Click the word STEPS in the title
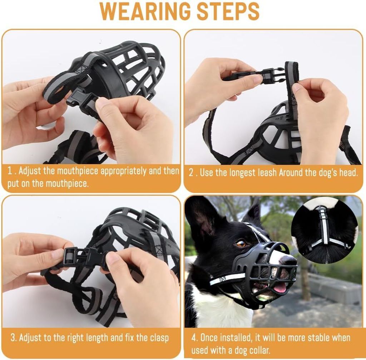228,11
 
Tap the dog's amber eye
241,244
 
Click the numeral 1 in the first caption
10,171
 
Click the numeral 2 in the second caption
191,173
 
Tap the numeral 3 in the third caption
13,338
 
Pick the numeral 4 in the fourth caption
194,338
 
